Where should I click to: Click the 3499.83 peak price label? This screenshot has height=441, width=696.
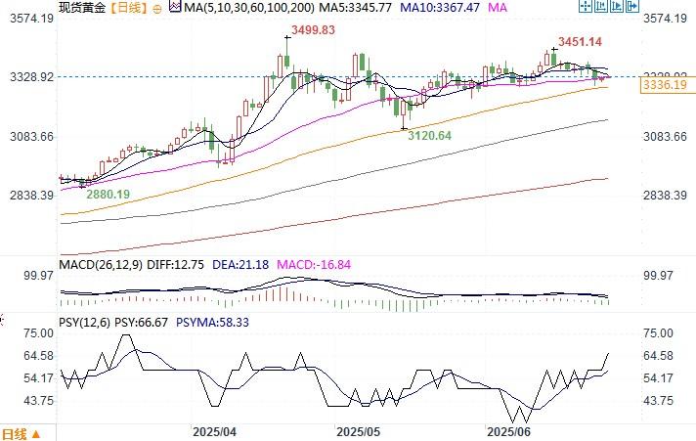tap(309, 30)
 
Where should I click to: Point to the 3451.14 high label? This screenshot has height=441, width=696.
tap(580, 42)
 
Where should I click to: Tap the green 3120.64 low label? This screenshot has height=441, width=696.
tap(429, 135)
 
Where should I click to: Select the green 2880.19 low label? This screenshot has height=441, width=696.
tap(108, 195)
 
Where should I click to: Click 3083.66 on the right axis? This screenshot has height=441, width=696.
tap(666, 136)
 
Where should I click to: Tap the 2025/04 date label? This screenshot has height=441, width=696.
tap(214, 431)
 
